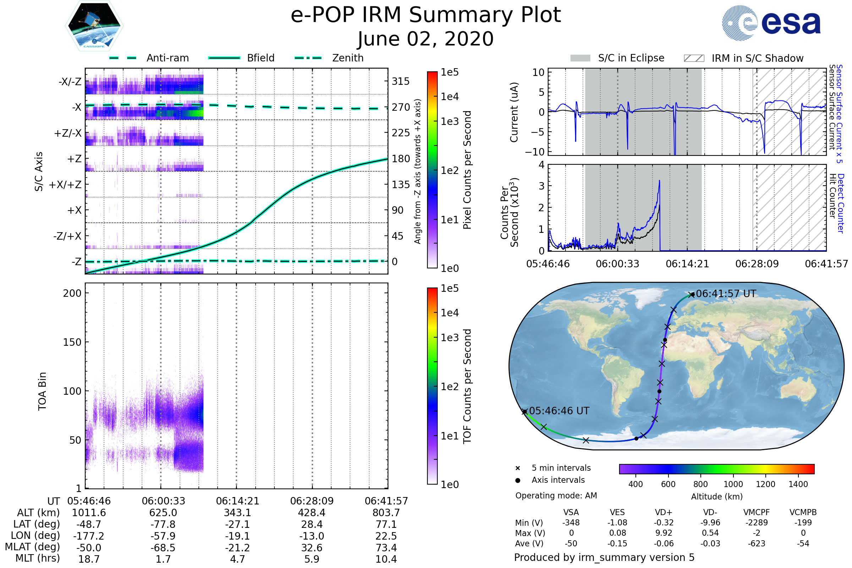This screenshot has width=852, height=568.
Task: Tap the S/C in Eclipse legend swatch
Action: point(580,58)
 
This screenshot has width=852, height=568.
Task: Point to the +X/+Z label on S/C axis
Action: point(65,185)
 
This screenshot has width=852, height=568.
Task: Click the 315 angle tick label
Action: point(401,81)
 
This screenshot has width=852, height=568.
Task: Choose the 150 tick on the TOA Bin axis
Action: point(72,342)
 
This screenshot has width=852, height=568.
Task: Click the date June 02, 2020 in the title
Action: point(426,39)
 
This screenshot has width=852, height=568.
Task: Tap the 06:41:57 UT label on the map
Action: point(726,294)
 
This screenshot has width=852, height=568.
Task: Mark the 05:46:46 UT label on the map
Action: point(559,411)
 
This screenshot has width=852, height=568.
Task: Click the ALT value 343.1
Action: point(237,513)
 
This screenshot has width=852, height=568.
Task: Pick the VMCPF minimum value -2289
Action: point(757,523)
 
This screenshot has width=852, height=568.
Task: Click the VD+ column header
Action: point(663,512)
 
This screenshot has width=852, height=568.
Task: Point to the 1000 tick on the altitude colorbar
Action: point(733,484)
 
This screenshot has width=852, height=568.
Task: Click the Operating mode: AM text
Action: point(556,496)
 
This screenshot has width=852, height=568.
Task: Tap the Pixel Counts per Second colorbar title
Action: point(467,170)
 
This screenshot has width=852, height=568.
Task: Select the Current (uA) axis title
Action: point(514,112)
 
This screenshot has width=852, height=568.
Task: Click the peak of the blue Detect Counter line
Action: point(659,181)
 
